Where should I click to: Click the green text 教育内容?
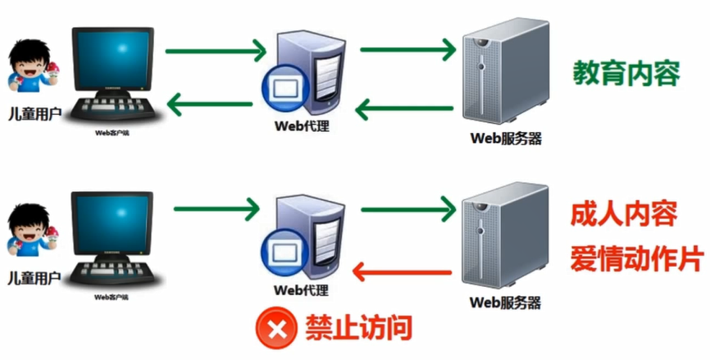point(625,72)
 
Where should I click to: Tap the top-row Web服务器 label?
point(506,139)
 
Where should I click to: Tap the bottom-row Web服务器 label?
point(506,302)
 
